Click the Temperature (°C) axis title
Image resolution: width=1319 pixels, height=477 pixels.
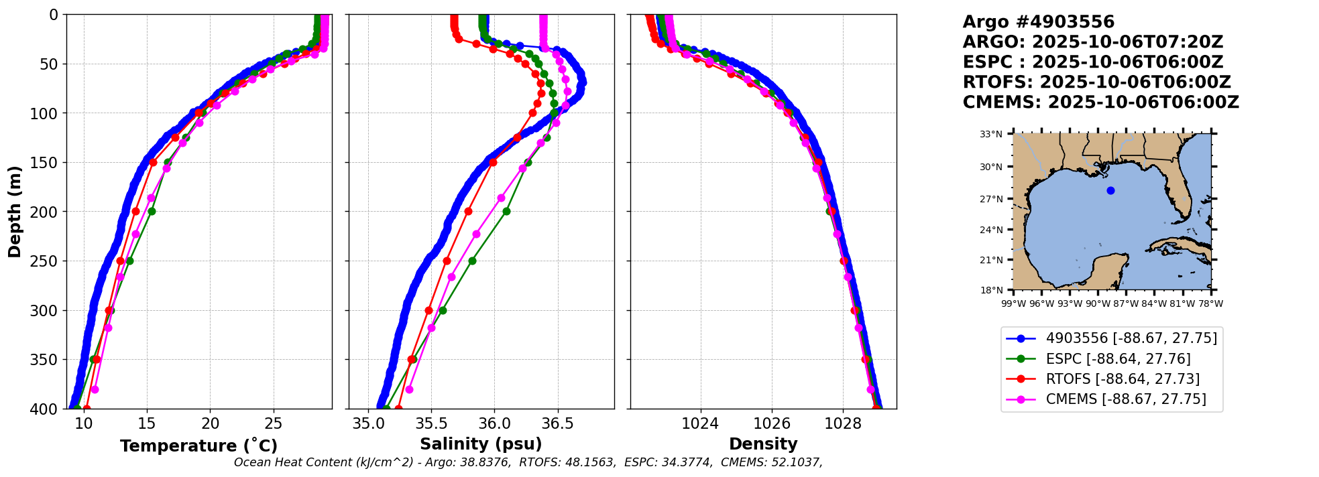(x=198, y=446)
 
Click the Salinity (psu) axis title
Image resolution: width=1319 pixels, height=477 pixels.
(x=481, y=444)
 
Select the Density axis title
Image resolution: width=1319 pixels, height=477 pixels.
(x=763, y=444)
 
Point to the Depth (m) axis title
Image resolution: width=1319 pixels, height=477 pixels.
(x=14, y=212)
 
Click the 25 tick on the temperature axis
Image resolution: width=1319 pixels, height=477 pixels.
(x=274, y=424)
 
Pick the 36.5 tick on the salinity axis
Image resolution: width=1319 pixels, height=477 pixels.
(x=557, y=424)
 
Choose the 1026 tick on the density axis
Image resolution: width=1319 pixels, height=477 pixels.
(x=772, y=424)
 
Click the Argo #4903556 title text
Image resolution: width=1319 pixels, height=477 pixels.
(x=1038, y=22)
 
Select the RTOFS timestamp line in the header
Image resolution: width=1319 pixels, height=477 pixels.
(x=1096, y=82)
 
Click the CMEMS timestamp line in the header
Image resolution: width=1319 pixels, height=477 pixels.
(x=1100, y=103)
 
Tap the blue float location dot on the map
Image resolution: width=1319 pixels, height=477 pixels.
(x=1110, y=191)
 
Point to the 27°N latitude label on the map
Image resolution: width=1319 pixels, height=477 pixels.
(x=991, y=199)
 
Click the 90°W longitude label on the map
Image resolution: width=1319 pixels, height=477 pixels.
(x=1098, y=303)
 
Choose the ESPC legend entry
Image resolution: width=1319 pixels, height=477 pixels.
(x=1118, y=359)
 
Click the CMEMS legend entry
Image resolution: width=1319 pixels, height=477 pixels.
(x=1126, y=399)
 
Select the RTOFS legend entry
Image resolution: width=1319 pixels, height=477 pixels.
(x=1123, y=379)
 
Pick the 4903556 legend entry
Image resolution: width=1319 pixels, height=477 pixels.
(x=1131, y=338)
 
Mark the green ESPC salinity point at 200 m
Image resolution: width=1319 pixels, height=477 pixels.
(x=506, y=211)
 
